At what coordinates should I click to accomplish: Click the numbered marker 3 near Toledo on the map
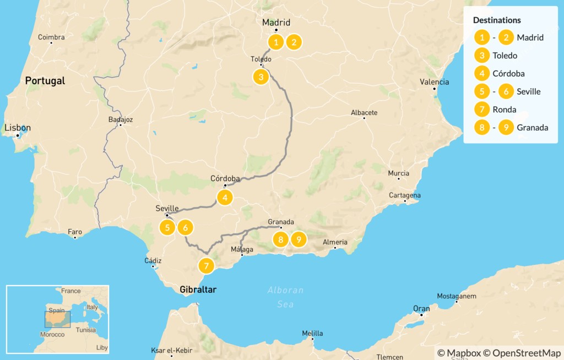tap(261, 77)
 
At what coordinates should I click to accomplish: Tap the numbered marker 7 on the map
tap(206, 266)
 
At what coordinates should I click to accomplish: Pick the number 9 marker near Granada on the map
tap(299, 239)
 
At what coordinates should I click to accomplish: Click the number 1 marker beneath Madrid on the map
tap(276, 42)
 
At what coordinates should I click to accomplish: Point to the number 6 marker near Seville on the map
tap(186, 227)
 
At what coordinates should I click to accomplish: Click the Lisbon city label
tap(18, 128)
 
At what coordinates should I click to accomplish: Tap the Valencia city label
tap(434, 82)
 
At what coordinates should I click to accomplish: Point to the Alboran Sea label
tap(285, 297)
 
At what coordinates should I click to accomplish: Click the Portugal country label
tap(45, 81)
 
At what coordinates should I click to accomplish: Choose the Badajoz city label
tap(121, 119)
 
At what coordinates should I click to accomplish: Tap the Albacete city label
tap(364, 113)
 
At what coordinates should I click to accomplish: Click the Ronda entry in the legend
tap(505, 110)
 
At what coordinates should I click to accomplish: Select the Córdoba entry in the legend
tap(508, 74)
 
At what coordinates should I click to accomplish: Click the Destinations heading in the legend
tap(497, 20)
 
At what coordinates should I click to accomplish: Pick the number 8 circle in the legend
tap(482, 128)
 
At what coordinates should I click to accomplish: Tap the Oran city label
tap(422, 309)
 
